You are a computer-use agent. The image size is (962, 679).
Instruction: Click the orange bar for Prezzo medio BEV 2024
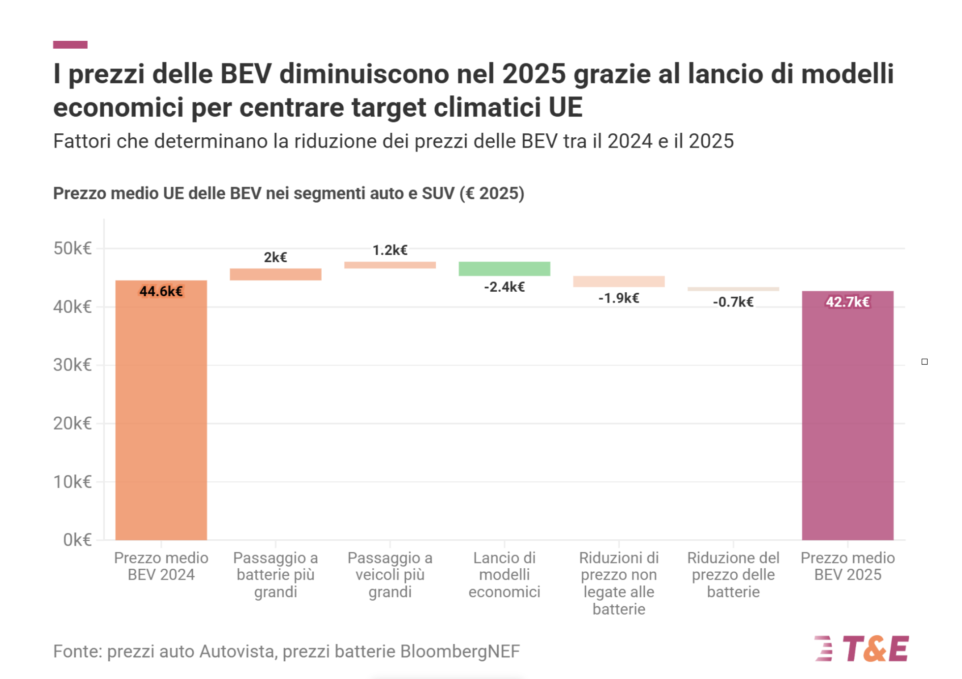point(161,413)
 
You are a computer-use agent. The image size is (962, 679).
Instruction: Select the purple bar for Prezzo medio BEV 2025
point(847,418)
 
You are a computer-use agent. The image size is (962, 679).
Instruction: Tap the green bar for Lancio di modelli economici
point(504,269)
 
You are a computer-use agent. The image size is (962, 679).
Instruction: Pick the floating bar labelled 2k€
point(275,274)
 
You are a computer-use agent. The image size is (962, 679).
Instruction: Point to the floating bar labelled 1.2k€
point(390,265)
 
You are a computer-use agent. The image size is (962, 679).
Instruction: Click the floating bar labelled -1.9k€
point(619,281)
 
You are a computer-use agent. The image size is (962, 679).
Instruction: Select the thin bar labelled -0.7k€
point(733,289)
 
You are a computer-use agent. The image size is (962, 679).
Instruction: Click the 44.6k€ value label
point(161,291)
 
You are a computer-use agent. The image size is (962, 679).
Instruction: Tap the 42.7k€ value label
point(847,302)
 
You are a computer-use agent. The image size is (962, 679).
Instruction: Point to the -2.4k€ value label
point(504,287)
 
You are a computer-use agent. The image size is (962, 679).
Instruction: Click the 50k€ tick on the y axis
point(72,248)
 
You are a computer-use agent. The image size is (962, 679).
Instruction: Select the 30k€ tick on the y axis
point(72,365)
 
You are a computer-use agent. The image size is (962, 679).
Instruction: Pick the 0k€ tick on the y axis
point(77,540)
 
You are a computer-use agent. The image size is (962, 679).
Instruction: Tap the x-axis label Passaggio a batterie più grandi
point(275,575)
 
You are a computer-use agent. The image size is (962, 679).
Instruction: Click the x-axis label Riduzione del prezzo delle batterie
point(733,575)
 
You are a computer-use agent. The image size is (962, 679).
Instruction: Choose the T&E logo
point(862,648)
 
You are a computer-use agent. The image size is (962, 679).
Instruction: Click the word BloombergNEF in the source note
point(460,651)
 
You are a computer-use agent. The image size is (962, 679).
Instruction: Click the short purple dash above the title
point(70,45)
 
